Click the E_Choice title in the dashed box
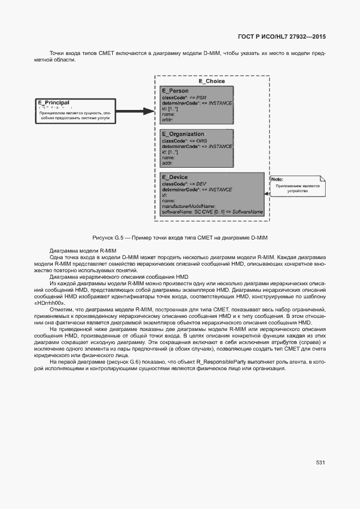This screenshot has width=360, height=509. point(211,81)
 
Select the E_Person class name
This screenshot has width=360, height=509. point(175,90)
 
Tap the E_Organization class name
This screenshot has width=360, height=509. point(182,134)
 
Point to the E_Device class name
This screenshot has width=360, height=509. point(174,177)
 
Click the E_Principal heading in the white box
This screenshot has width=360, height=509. point(53,102)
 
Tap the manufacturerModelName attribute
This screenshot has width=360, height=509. point(188,206)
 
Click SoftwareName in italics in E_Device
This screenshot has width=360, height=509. point(248,211)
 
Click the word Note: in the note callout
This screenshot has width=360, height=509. point(278,179)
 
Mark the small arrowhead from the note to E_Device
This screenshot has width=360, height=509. point(267,193)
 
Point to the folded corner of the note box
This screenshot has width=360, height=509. point(322,177)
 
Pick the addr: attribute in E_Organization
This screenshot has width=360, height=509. point(167,162)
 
